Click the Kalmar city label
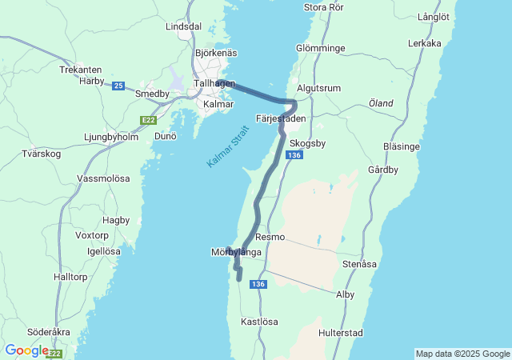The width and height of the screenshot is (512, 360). [218, 104]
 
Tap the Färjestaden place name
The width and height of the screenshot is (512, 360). [281, 118]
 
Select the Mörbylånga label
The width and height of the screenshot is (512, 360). [236, 252]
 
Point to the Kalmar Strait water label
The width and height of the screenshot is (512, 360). [228, 146]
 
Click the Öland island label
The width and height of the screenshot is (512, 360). [381, 103]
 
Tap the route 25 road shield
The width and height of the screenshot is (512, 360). [118, 85]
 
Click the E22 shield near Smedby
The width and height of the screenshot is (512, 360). [148, 120]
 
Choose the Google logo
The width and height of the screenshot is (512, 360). [26, 350]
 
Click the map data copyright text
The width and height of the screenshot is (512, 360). [462, 354]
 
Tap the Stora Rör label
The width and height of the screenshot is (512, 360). [324, 8]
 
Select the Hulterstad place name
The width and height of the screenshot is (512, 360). [341, 332]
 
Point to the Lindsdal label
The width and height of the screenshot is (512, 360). [183, 26]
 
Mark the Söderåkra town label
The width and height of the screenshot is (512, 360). [48, 331]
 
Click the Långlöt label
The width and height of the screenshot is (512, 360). [434, 16]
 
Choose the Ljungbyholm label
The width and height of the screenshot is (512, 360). [111, 137]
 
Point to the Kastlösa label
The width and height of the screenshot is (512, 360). [259, 322]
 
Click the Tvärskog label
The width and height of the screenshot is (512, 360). [40, 154]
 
